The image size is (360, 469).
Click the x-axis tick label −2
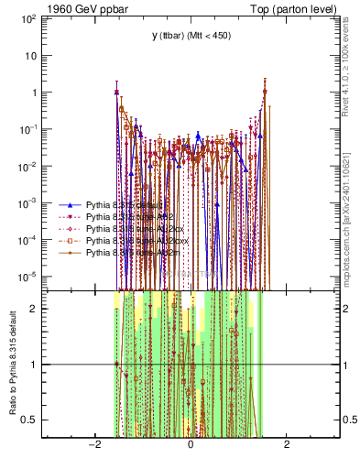93,446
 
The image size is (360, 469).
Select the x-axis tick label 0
191,446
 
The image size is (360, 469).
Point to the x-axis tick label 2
287,446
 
